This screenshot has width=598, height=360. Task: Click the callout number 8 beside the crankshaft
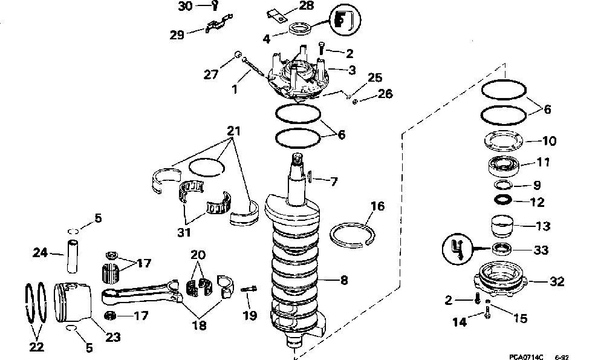[343, 280]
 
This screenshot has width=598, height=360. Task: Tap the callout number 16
[377, 207]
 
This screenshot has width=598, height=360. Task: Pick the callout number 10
[549, 142]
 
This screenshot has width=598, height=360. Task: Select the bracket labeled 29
[217, 27]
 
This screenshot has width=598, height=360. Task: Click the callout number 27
[211, 75]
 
